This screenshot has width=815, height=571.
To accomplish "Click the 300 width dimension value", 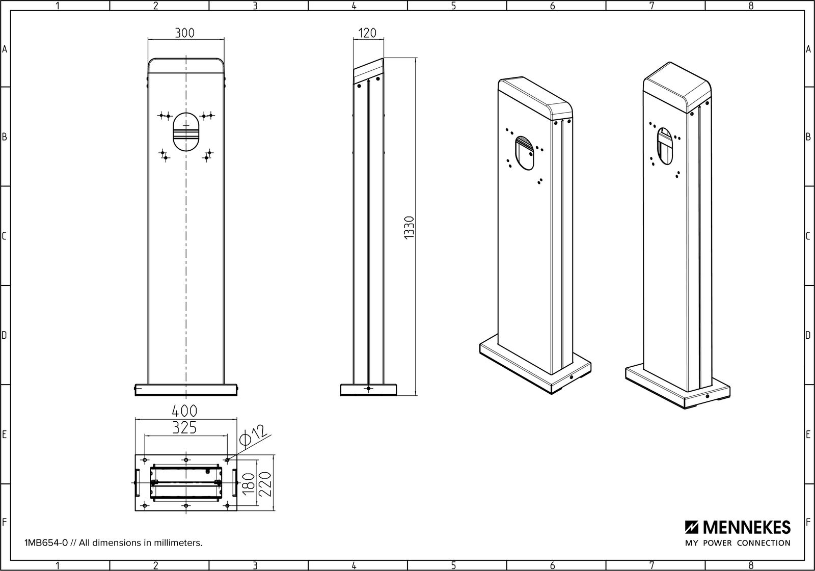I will tap(184, 33).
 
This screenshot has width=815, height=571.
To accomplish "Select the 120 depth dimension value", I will tap(367, 33).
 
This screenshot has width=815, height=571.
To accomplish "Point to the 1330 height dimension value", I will tap(410, 228).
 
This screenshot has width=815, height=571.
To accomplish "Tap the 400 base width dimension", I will tap(185, 411).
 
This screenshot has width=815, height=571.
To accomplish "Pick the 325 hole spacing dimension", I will tap(184, 428).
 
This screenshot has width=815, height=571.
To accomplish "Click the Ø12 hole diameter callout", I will tap(253, 437).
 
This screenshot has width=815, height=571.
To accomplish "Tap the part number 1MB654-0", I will tap(46, 543).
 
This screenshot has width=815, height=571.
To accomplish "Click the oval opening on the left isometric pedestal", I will tap(524, 153).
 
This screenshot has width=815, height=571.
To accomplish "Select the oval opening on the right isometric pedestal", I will tap(664, 146).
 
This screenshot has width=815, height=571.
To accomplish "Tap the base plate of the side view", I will tap(368, 390).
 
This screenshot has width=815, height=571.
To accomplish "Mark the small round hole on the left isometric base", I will tap(572, 377).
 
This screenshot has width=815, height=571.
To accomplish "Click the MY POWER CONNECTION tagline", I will tap(738, 543).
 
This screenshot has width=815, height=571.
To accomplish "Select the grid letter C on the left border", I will tap(5, 236).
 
